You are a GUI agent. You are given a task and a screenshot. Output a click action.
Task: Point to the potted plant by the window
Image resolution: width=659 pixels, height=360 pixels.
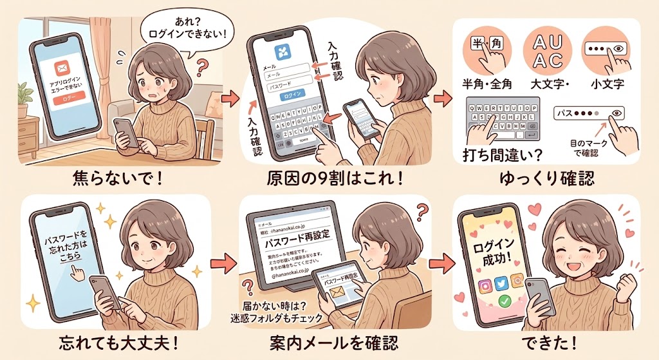click(x=24, y=97)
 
